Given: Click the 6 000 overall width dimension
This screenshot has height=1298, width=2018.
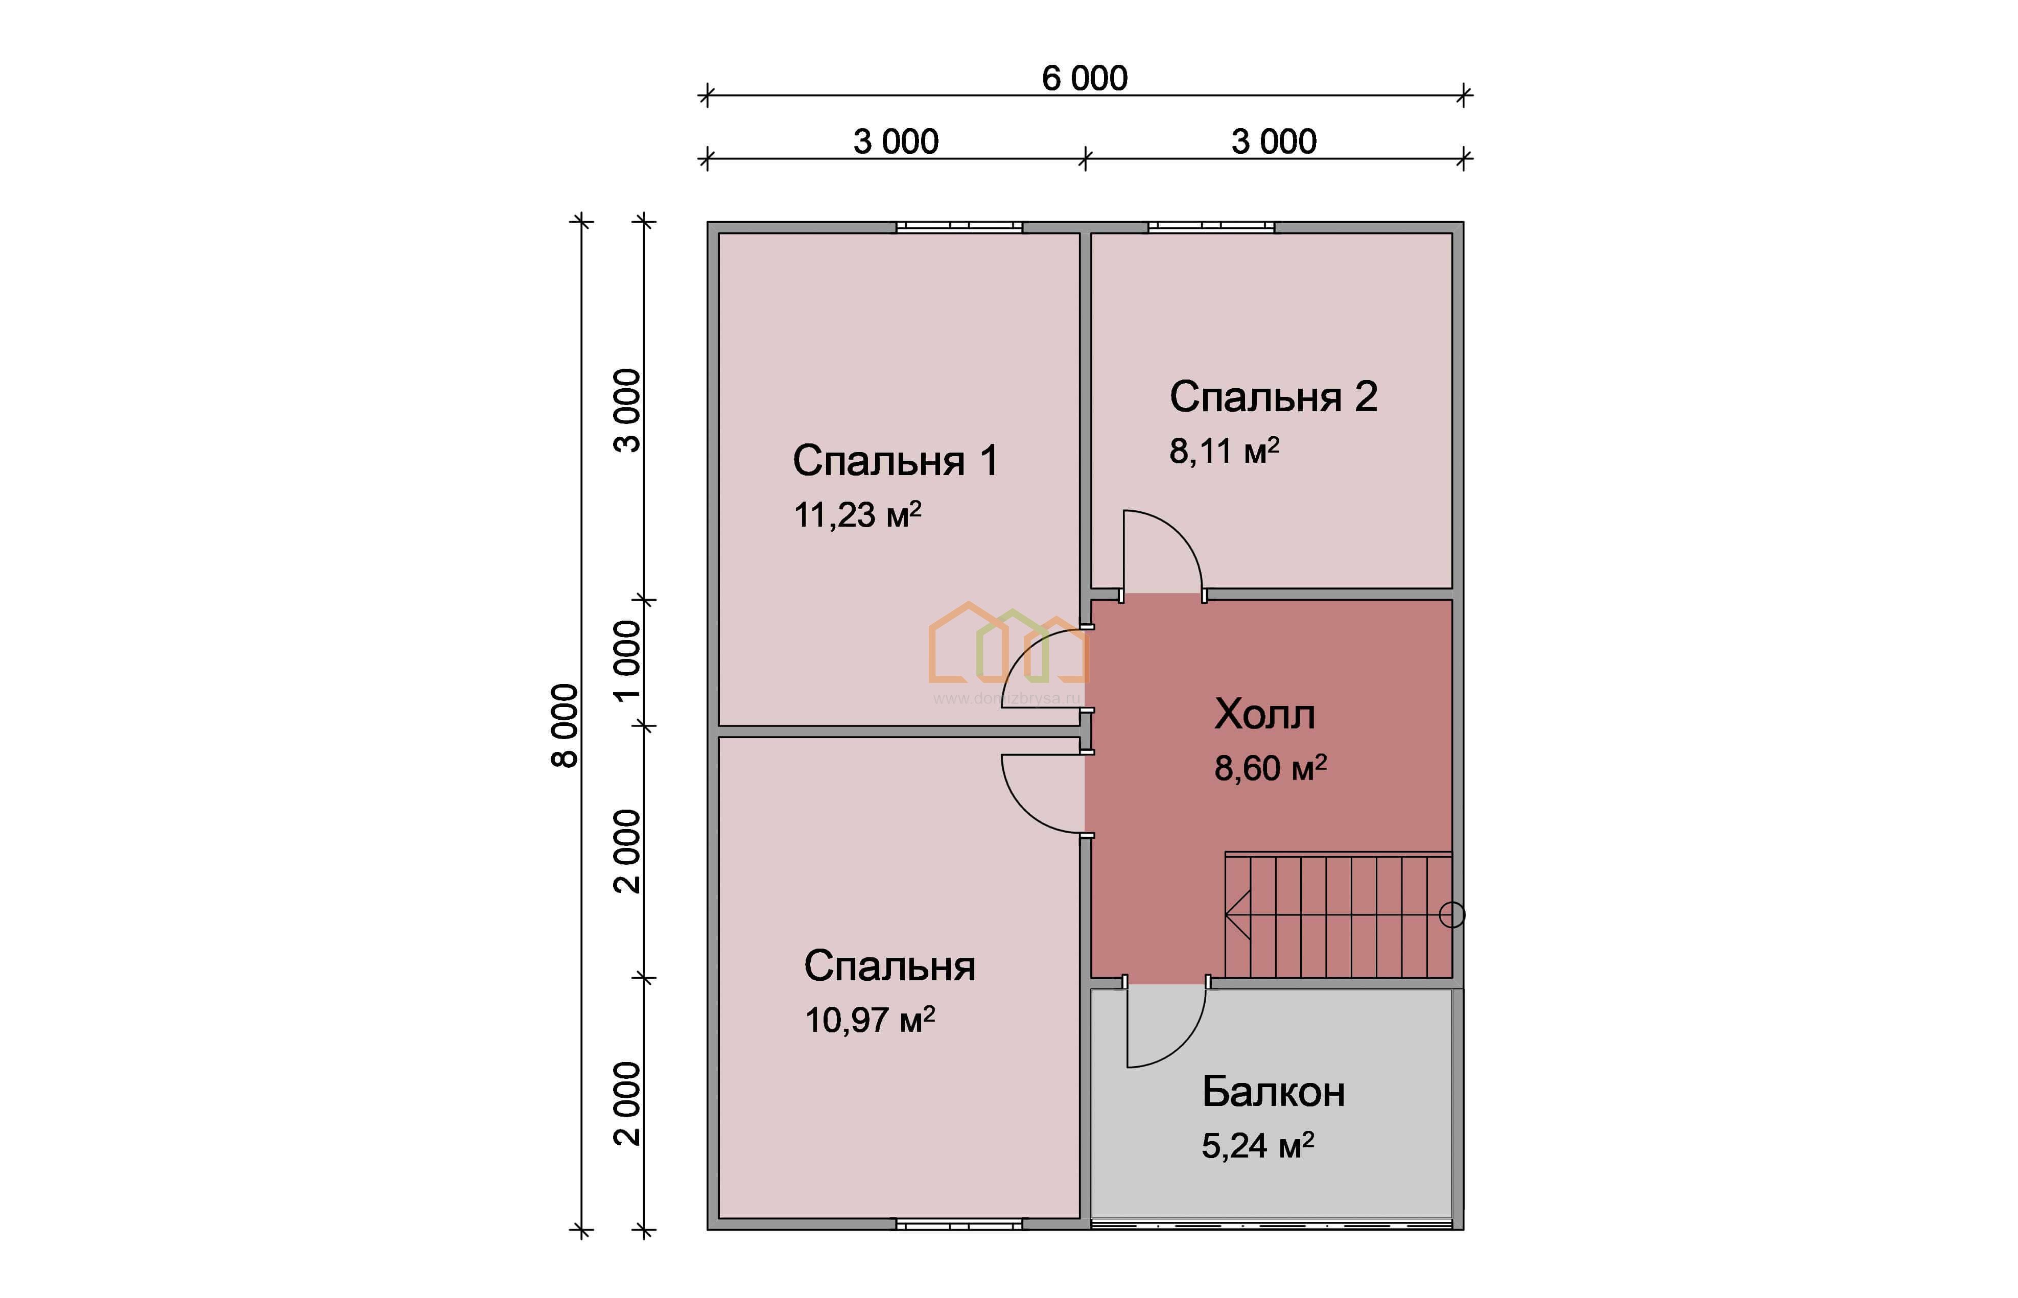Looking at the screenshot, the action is [x=1084, y=78].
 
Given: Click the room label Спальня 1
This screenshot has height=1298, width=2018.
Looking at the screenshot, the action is [x=895, y=461].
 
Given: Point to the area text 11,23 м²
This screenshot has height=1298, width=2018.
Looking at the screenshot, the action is [x=857, y=514].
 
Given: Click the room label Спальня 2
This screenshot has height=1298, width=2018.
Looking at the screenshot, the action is [x=1273, y=397].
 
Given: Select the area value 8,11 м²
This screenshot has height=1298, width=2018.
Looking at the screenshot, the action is [x=1224, y=451].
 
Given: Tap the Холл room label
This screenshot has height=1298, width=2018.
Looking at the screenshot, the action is [x=1264, y=715].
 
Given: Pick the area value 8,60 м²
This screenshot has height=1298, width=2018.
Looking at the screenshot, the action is [x=1270, y=768].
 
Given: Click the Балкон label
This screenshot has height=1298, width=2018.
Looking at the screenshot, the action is [x=1273, y=1092].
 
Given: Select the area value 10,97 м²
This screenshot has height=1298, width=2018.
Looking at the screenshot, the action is [x=870, y=1020].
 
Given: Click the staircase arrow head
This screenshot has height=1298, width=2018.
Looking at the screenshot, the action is [x=1237, y=914].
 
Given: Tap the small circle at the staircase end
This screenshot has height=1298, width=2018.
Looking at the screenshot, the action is [x=1451, y=914].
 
